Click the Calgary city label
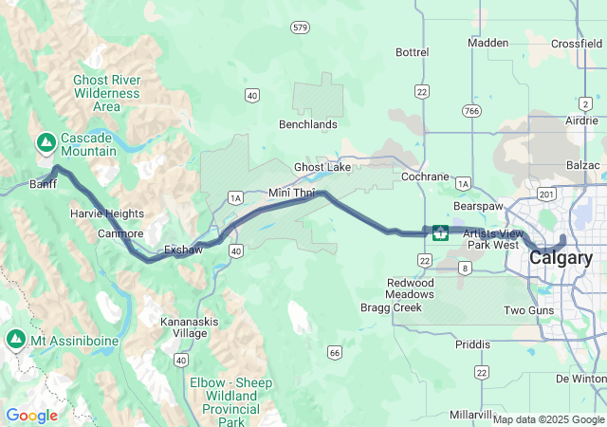pos(561,257)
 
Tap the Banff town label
pos(44,184)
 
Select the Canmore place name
pos(120,233)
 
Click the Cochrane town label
pos(425,176)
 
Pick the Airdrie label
pos(580,121)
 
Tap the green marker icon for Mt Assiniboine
pos(16,339)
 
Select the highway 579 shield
pos(301,28)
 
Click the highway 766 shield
pos(471,111)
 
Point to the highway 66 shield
pos(334,353)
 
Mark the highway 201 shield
pos(545,195)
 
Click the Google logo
pos(31,415)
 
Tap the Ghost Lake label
pos(322,167)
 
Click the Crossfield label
pos(576,44)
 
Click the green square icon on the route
pos(440,232)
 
